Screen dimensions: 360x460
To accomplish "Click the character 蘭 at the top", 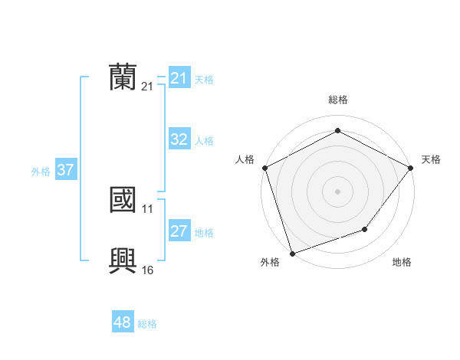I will click(123, 77).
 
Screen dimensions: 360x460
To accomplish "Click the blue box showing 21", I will click(179, 78).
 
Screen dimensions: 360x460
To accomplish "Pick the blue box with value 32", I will click(179, 139).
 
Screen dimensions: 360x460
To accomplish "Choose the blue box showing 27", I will click(179, 231).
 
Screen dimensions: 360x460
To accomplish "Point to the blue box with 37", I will click(65, 170).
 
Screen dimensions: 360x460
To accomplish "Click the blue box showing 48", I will click(122, 322).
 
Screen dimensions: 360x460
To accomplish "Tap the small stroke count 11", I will click(148, 208).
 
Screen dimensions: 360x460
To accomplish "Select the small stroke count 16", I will click(148, 270).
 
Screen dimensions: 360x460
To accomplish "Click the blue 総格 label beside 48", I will click(147, 324).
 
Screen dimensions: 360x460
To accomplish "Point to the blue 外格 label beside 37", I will click(41, 172).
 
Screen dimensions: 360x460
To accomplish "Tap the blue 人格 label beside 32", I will click(204, 141).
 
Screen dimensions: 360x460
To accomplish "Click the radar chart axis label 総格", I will click(337, 100).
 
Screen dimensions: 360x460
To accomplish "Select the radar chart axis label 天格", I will click(431, 159).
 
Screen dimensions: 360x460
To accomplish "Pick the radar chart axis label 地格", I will click(402, 263).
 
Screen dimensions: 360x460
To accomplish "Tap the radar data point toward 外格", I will click(292, 253).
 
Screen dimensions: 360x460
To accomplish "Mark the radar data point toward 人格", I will click(264, 167).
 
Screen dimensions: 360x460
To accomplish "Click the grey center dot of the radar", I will click(337, 191).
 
